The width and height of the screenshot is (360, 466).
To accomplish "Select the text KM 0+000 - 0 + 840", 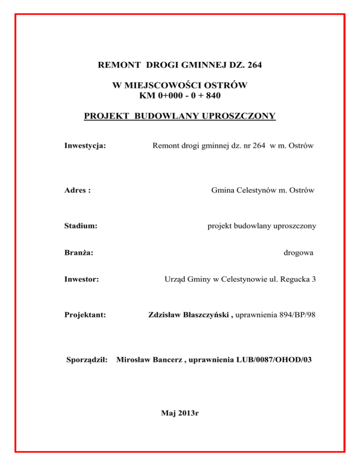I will [x=180, y=96].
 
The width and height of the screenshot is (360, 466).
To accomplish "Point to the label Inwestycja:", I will [x=84, y=146].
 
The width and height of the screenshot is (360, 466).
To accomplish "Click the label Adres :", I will [x=77, y=190].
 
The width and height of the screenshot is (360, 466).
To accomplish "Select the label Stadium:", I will [x=81, y=226].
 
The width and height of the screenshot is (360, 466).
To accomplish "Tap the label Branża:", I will [x=78, y=253].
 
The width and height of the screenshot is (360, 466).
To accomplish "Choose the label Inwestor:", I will [x=81, y=280].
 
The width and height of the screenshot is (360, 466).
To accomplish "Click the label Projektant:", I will [x=84, y=316].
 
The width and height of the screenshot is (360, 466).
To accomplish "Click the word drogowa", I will [x=299, y=253].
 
